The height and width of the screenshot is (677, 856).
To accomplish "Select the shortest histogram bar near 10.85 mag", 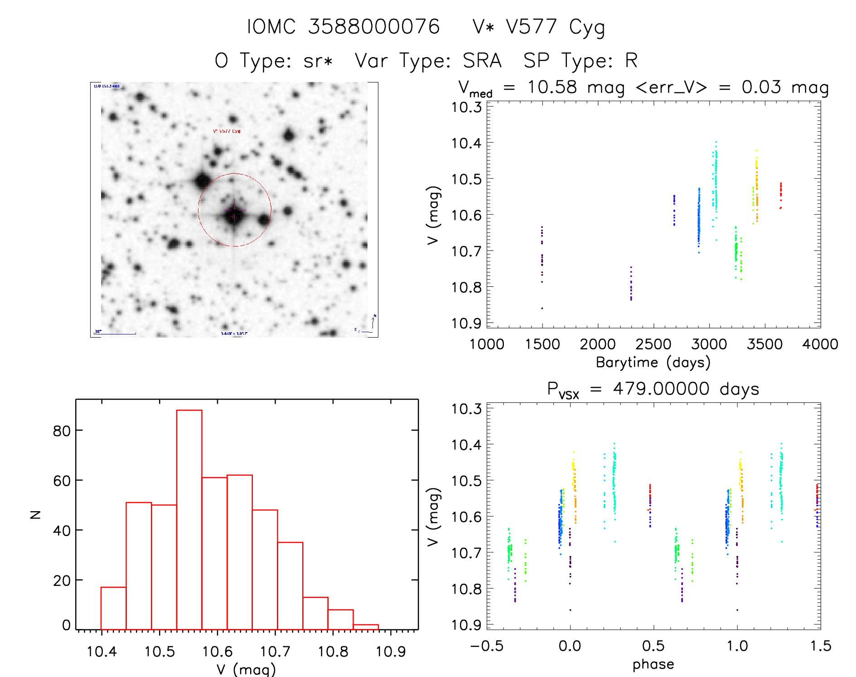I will click(x=366, y=627).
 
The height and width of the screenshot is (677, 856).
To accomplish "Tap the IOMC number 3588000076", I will click(x=374, y=27).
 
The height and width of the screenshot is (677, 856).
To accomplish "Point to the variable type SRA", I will click(x=482, y=61).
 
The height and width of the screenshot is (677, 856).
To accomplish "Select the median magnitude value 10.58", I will click(x=552, y=87).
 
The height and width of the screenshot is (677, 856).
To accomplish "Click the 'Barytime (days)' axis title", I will click(x=653, y=363).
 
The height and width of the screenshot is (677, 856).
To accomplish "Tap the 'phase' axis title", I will click(x=653, y=664).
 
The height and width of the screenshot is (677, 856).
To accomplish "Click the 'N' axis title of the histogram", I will click(x=35, y=514).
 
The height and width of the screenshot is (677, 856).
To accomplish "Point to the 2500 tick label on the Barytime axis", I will click(x=653, y=344).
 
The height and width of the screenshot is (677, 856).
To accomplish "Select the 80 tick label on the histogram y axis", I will click(x=62, y=430).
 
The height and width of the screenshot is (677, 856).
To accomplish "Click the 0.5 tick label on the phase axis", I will click(x=653, y=646).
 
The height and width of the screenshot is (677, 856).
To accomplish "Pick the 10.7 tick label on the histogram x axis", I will click(x=275, y=652).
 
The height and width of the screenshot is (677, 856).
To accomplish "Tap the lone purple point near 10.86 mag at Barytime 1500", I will click(x=542, y=308).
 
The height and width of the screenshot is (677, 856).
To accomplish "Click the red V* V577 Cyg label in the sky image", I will click(x=227, y=131).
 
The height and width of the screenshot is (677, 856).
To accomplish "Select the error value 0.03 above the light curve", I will click(x=761, y=87).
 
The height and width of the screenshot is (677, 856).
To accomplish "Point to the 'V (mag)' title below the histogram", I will click(x=246, y=669).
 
